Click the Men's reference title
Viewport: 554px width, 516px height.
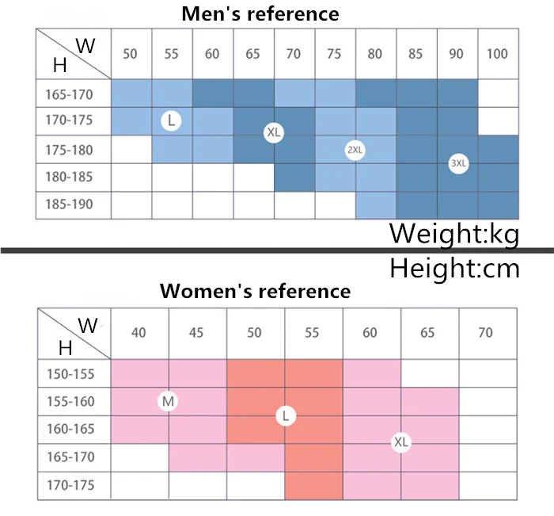[x=260, y=13]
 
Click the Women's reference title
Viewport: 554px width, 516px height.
[x=255, y=291]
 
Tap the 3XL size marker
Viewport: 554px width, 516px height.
[x=458, y=164]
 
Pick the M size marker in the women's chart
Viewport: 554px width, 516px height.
[x=168, y=402]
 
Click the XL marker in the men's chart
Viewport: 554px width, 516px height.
[x=273, y=132]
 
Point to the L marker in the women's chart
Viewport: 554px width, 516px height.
[x=286, y=415]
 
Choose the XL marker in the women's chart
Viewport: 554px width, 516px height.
[x=401, y=442]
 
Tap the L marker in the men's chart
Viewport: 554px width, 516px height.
[x=171, y=120]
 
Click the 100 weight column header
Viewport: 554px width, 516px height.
[x=498, y=54]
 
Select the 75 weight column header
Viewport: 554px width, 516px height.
[x=334, y=54]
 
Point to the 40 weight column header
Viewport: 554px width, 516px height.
[x=138, y=333]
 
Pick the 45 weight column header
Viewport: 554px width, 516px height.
[x=196, y=333]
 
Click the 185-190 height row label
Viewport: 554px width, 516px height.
[x=70, y=204]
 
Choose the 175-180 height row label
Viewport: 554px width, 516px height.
[x=70, y=150]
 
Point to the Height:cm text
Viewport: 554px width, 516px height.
[x=454, y=268]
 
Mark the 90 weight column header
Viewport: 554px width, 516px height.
[x=456, y=54]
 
